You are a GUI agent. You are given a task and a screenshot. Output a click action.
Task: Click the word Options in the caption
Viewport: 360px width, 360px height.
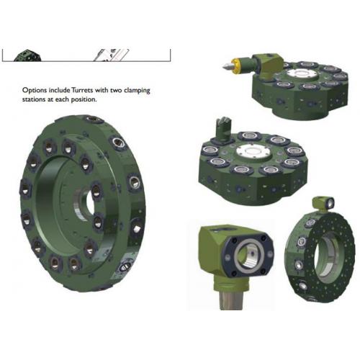click(35, 91)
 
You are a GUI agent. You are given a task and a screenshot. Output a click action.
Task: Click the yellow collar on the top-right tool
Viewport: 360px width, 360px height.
click(235, 65)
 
